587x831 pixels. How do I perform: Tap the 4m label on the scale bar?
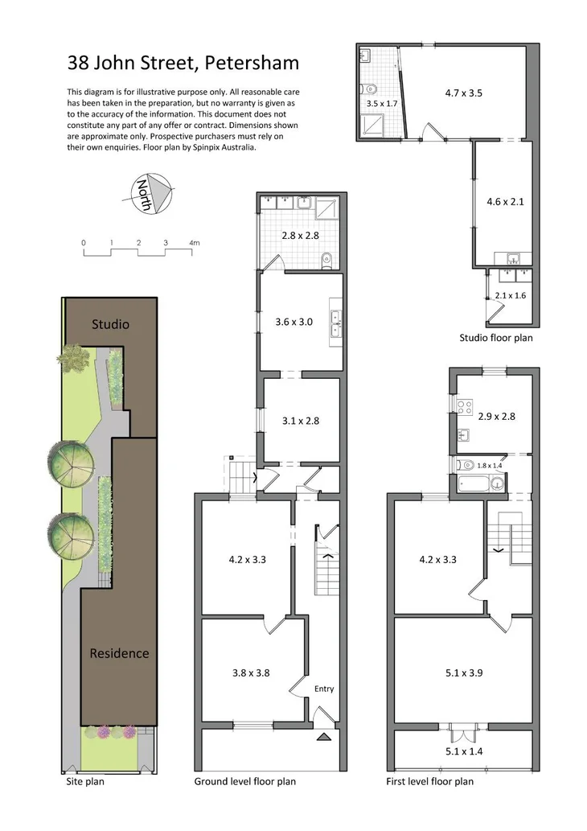click(x=194, y=242)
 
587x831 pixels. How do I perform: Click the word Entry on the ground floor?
click(x=324, y=689)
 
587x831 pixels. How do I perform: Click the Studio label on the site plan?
click(x=110, y=325)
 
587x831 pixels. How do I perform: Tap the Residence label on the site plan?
click(x=119, y=653)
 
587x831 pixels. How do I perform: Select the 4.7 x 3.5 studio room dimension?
click(x=463, y=93)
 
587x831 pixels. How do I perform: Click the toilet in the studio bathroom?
click(x=367, y=88)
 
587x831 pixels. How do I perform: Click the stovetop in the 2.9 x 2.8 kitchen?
click(x=464, y=406)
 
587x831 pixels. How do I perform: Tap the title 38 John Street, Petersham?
click(x=183, y=63)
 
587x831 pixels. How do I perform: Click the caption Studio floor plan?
click(x=495, y=338)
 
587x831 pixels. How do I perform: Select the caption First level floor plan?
click(x=429, y=781)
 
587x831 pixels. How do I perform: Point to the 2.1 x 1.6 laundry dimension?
click(x=510, y=295)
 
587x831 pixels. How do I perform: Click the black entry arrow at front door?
click(x=323, y=736)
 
